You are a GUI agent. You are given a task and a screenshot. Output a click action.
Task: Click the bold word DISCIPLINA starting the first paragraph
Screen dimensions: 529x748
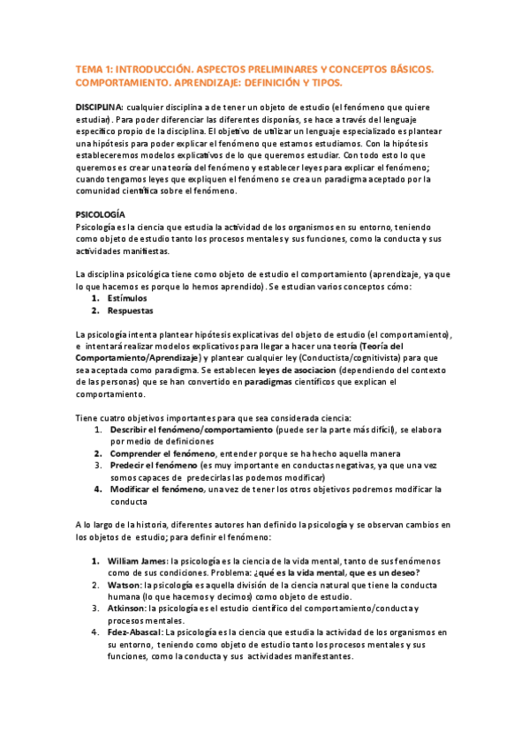[99, 106]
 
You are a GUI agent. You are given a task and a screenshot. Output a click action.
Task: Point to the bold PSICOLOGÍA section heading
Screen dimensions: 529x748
[101, 214]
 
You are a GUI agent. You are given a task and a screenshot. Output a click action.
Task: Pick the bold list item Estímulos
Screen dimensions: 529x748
[127, 298]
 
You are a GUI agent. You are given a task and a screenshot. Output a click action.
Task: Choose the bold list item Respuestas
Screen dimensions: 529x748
[130, 310]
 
